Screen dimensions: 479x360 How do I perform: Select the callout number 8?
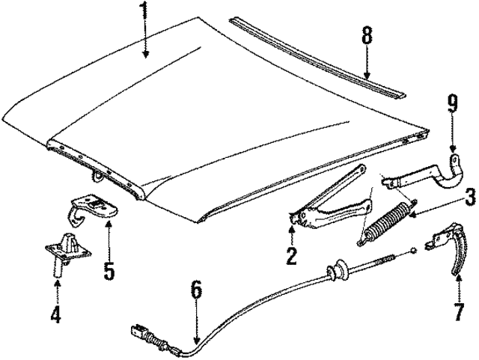[367, 35]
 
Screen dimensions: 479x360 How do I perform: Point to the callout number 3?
[469, 197]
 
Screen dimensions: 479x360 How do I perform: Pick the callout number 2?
[291, 255]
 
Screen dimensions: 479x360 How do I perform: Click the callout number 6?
[196, 290]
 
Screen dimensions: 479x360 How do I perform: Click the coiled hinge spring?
[385, 222]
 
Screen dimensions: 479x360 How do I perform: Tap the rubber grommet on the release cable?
[337, 269]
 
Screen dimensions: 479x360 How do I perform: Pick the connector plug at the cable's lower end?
[139, 332]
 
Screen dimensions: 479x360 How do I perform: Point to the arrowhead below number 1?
[146, 55]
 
